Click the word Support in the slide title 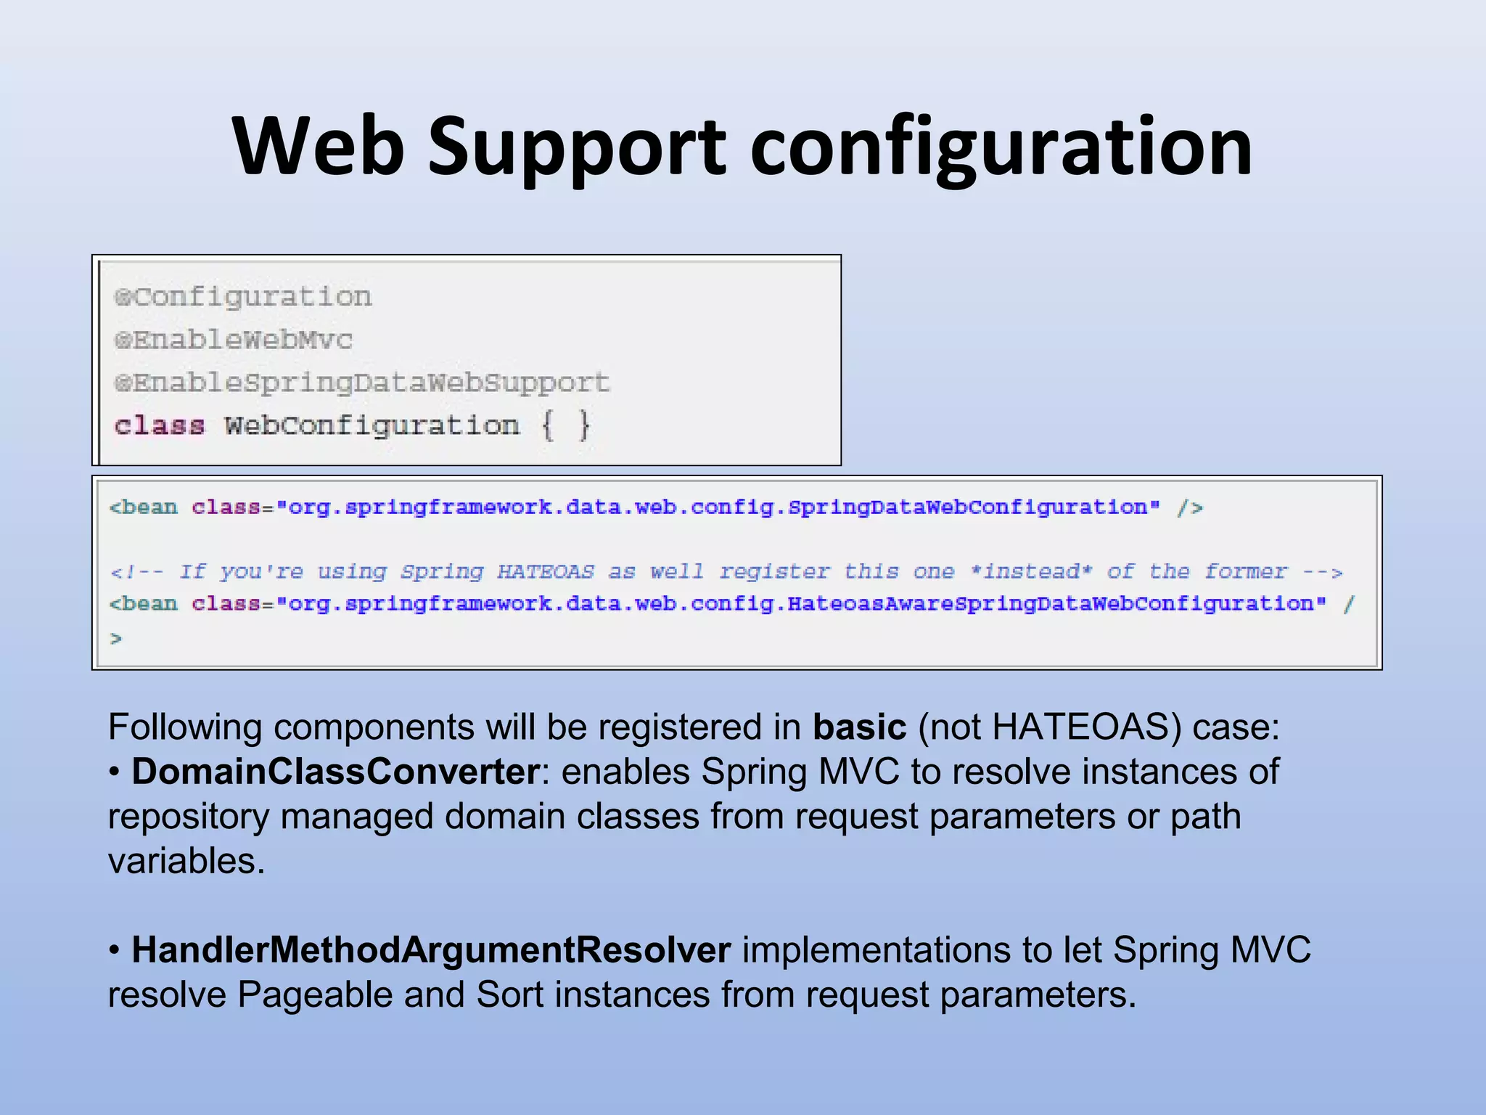click(x=577, y=149)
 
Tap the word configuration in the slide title click(x=1001, y=149)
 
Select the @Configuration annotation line click(x=244, y=297)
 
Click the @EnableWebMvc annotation click(x=234, y=340)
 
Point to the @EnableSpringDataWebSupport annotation click(x=362, y=383)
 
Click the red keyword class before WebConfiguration click(x=160, y=425)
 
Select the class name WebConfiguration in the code click(x=371, y=425)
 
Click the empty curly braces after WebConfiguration click(x=566, y=425)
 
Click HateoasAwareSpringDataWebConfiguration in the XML click(x=1051, y=603)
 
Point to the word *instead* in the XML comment click(x=1031, y=571)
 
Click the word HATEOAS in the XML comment click(x=546, y=571)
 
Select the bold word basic click(x=859, y=727)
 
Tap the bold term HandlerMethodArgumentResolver click(x=431, y=950)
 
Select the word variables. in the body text click(x=186, y=862)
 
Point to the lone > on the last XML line click(x=115, y=639)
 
